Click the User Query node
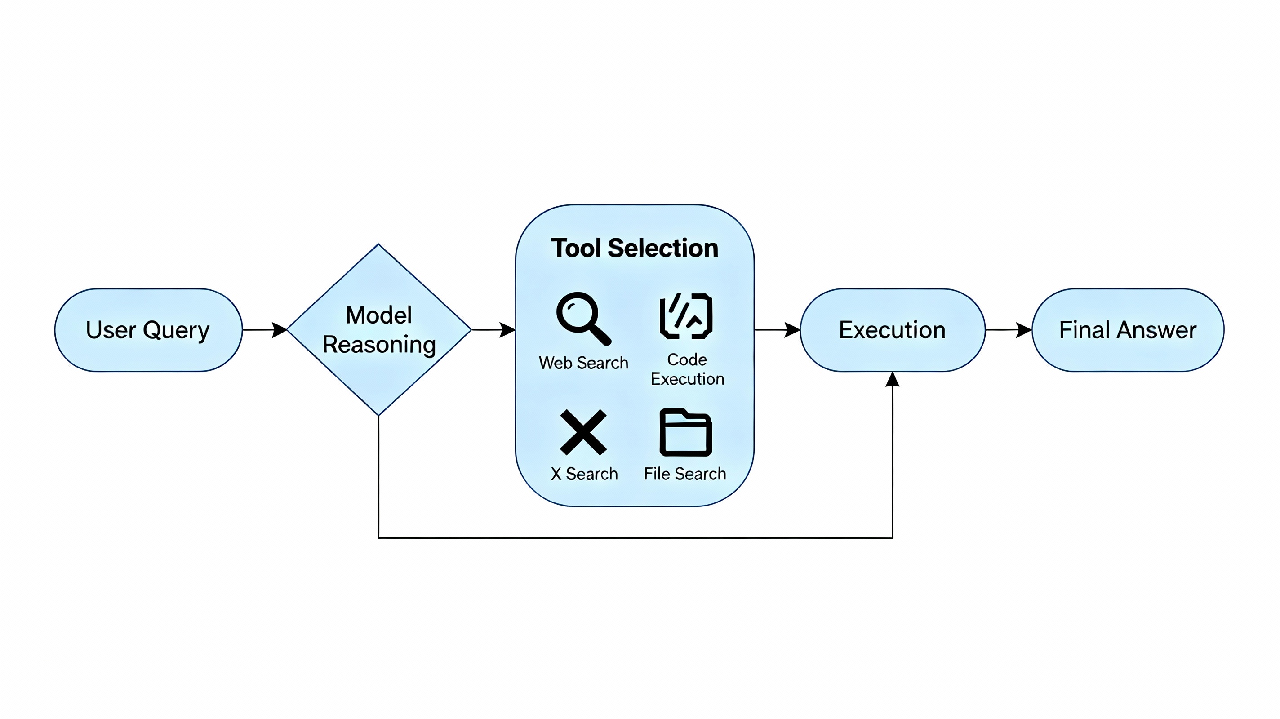[x=148, y=330]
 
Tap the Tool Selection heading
[x=635, y=248]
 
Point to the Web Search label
[x=583, y=363]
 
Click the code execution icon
[x=686, y=316]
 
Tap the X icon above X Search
[x=583, y=432]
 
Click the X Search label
[x=584, y=474]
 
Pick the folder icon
[x=686, y=432]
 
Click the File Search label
[x=685, y=474]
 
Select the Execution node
[x=892, y=330]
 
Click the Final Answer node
[x=1128, y=330]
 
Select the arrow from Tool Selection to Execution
[x=777, y=329]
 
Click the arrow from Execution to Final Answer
[x=1009, y=329]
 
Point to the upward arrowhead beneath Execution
[x=893, y=380]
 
